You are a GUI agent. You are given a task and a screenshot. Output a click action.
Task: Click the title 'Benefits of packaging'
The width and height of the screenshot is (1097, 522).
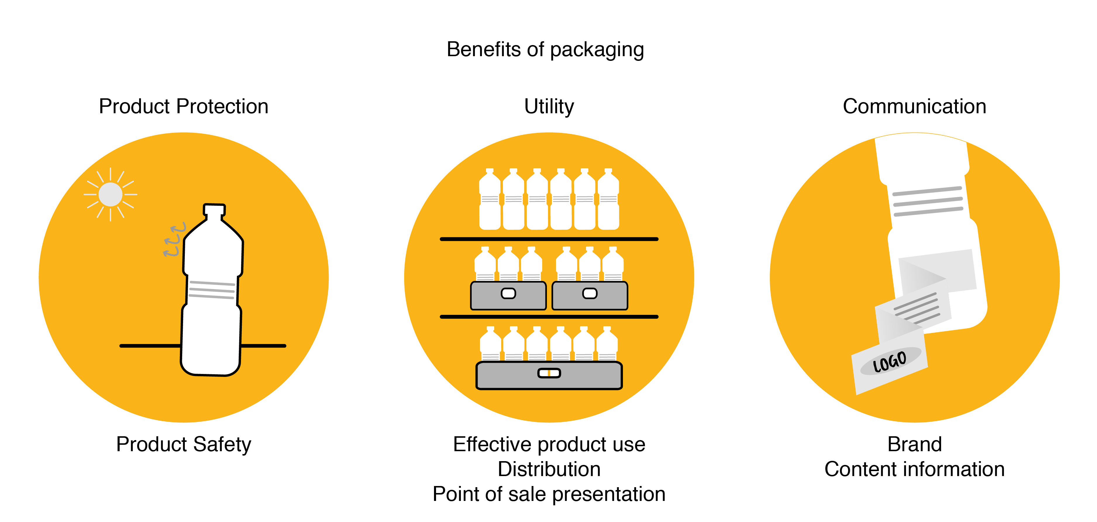tap(545, 49)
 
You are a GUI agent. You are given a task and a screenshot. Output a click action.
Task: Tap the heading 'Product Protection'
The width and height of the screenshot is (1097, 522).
tap(184, 106)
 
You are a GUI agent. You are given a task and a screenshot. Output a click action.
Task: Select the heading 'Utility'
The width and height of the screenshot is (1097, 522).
tap(549, 106)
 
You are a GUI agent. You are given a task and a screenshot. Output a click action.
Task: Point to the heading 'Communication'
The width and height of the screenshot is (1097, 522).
tap(914, 106)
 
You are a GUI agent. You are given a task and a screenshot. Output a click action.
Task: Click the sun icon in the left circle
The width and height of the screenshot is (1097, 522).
tap(110, 194)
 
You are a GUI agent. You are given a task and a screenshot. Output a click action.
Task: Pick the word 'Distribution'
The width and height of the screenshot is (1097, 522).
tap(549, 469)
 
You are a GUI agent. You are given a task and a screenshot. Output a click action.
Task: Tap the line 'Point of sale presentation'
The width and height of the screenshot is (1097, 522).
tap(549, 494)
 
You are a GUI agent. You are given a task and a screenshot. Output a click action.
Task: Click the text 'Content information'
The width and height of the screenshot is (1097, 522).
tap(914, 469)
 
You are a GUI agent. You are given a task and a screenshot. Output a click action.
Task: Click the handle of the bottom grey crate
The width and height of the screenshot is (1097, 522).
tap(549, 373)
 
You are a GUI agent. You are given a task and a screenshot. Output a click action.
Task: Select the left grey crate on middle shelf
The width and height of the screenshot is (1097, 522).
tap(508, 295)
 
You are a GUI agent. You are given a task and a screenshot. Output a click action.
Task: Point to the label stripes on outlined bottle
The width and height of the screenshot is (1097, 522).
tap(212, 290)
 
